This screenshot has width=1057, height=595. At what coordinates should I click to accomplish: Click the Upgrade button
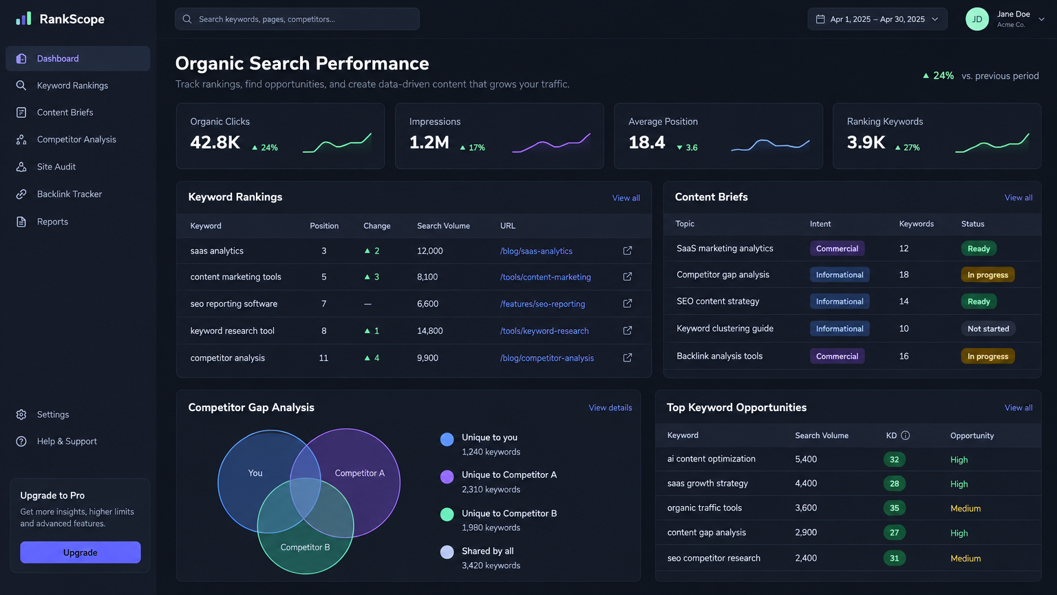(81, 552)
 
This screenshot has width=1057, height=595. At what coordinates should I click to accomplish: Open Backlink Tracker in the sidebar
(70, 194)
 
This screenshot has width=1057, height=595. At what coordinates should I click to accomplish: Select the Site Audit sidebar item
(56, 167)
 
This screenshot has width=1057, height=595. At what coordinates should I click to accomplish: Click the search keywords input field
(297, 19)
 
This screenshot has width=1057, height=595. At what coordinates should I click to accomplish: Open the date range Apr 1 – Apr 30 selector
(877, 19)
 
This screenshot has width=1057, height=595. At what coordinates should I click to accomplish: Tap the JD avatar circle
(976, 19)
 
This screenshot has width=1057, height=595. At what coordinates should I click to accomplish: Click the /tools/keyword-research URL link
(544, 331)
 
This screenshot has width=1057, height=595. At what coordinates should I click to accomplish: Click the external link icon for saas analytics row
(627, 251)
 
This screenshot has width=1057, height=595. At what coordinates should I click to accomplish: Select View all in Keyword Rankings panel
(626, 198)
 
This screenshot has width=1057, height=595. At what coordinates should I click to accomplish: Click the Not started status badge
(988, 328)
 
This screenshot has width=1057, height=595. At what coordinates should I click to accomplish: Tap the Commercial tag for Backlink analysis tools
(837, 356)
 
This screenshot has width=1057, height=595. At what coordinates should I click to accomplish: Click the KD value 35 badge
(894, 508)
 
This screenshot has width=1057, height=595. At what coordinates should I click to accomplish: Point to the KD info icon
(905, 435)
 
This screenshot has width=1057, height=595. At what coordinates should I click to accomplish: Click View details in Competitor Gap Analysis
(610, 408)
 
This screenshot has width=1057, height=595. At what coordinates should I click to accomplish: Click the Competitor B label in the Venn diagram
(305, 547)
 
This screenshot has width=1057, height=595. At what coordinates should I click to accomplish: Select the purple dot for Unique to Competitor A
(447, 477)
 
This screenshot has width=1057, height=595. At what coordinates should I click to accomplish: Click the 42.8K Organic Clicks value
(215, 142)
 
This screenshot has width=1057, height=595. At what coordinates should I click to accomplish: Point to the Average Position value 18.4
(646, 142)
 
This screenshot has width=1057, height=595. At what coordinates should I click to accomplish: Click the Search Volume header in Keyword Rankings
(443, 226)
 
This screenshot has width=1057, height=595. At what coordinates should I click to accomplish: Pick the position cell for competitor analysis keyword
(323, 358)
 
